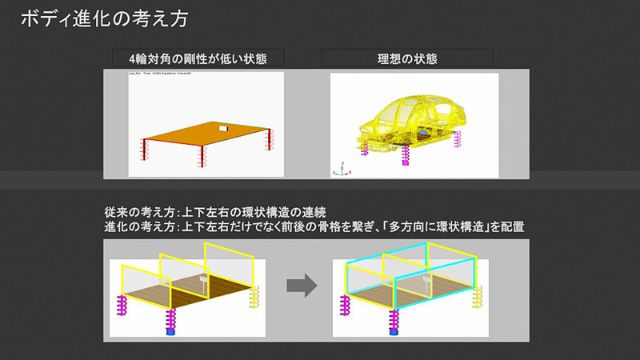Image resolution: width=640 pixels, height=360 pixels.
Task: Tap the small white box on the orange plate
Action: click(221, 127)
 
